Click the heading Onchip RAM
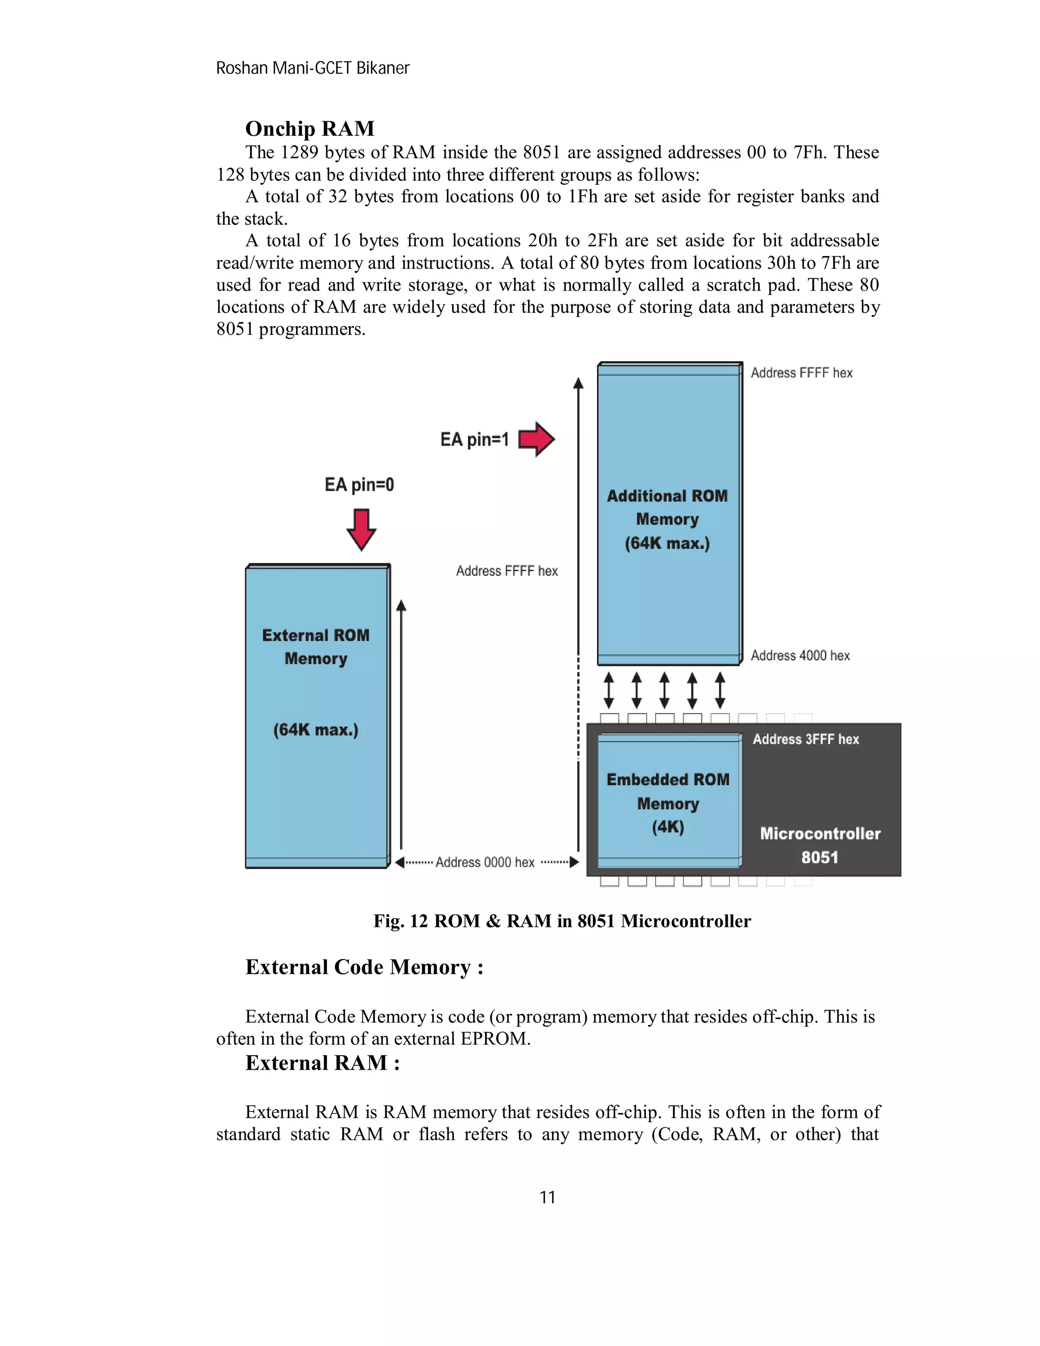pyautogui.click(x=309, y=129)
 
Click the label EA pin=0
pyautogui.click(x=359, y=485)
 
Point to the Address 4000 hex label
pyautogui.click(x=800, y=656)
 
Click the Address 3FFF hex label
pyautogui.click(x=805, y=740)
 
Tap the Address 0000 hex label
pyautogui.click(x=485, y=862)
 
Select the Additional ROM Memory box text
pyautogui.click(x=667, y=520)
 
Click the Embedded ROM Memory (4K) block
pyautogui.click(x=668, y=803)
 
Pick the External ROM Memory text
pyautogui.click(x=315, y=647)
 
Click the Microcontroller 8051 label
pyautogui.click(x=820, y=845)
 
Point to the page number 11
pyautogui.click(x=547, y=1198)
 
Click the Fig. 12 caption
pyautogui.click(x=562, y=921)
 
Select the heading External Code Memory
pyautogui.click(x=364, y=967)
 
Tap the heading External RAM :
pyautogui.click(x=322, y=1063)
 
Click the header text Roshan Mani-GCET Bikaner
pyautogui.click(x=312, y=69)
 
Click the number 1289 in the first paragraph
pyautogui.click(x=300, y=152)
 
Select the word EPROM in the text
pyautogui.click(x=494, y=1039)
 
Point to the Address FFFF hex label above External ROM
pyautogui.click(x=506, y=571)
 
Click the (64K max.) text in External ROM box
pyautogui.click(x=315, y=730)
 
